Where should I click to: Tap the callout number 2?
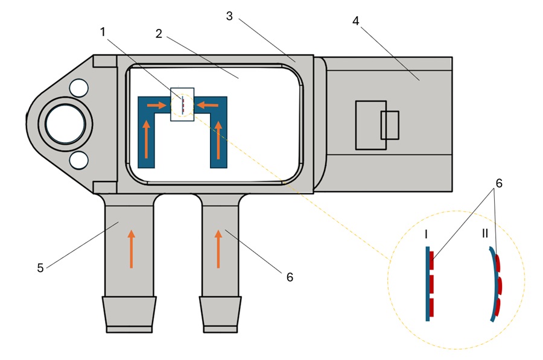coord(159,33)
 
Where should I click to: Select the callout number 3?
coord(229,16)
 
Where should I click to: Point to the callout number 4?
coord(356,21)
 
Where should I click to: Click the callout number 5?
coord(40,267)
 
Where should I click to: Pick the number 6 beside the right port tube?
coord(290,277)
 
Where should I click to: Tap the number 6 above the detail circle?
coord(498,182)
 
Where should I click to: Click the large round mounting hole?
coord(63,124)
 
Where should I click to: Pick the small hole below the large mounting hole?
coord(78,160)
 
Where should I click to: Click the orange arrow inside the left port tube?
coord(131,248)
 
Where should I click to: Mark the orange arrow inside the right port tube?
coord(218,248)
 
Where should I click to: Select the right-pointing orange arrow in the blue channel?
coord(156,105)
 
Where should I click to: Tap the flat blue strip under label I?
coord(427,283)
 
